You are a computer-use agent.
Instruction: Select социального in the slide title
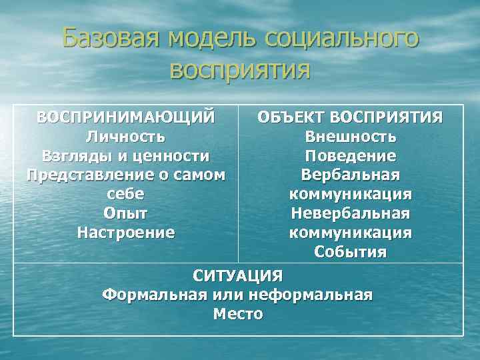click(x=342, y=39)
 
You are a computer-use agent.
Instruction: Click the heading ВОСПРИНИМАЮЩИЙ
click(x=126, y=117)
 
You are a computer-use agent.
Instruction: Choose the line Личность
click(x=126, y=137)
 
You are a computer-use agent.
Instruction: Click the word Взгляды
click(x=78, y=156)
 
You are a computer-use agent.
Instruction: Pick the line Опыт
click(x=126, y=213)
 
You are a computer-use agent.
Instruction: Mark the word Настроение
click(x=126, y=233)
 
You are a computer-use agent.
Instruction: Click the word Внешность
click(x=351, y=137)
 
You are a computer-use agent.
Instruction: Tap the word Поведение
click(x=351, y=156)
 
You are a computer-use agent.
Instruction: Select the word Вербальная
click(x=351, y=175)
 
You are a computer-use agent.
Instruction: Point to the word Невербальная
click(x=351, y=213)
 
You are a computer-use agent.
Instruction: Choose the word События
click(x=351, y=252)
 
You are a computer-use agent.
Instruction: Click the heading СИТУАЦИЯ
click(x=238, y=275)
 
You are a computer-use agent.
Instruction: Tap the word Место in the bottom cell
click(x=238, y=313)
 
